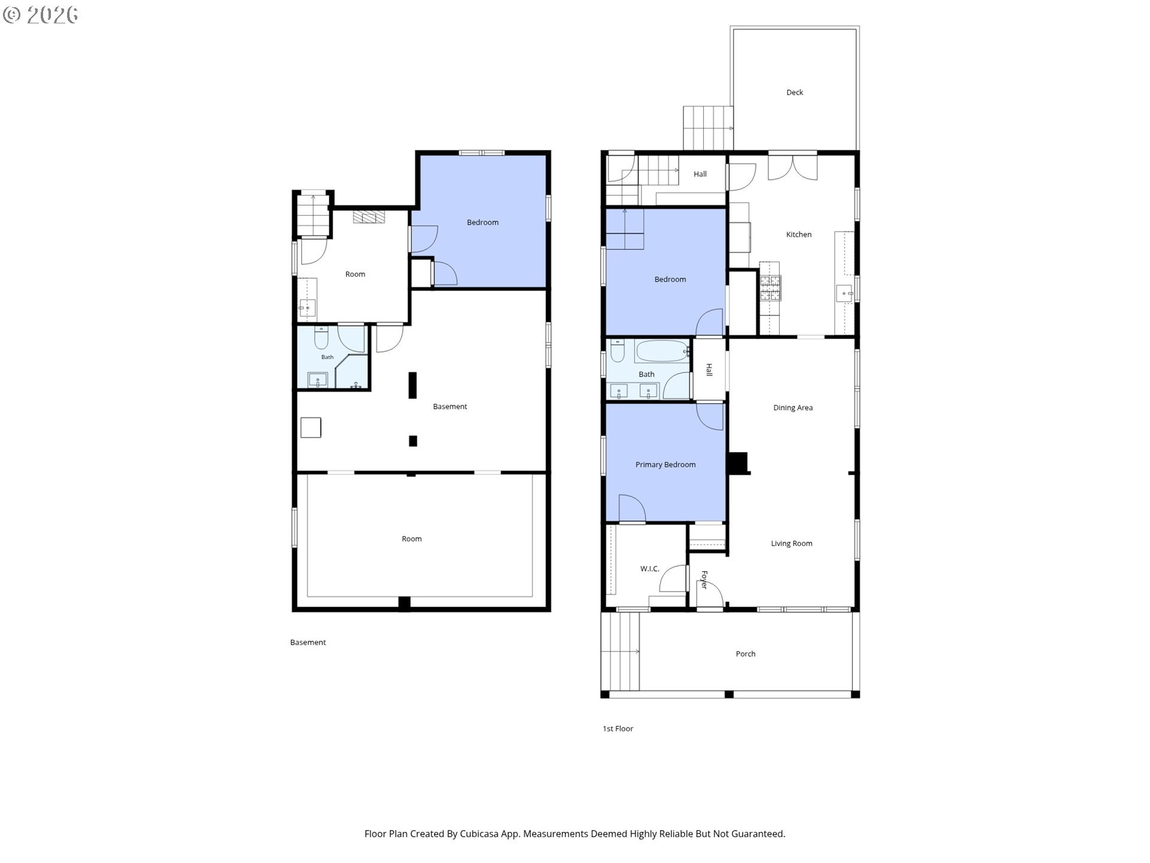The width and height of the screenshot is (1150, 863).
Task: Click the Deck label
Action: click(794, 92)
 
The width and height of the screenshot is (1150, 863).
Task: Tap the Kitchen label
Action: click(798, 234)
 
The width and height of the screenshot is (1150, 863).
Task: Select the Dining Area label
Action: click(792, 408)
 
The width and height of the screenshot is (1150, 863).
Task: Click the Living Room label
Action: click(791, 544)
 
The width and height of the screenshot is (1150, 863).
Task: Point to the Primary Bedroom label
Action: click(665, 464)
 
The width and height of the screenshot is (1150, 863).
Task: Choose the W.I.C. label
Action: click(649, 569)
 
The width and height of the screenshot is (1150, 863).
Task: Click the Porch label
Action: click(745, 654)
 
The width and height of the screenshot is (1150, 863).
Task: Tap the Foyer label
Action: click(704, 580)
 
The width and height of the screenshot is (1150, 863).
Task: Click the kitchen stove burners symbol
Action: click(770, 287)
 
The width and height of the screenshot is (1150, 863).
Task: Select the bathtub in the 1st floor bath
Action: click(662, 351)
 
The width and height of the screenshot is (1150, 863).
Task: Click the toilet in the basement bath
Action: click(321, 338)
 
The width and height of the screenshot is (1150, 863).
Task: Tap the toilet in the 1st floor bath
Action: click(618, 351)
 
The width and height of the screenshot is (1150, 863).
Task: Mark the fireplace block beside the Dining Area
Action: click(739, 463)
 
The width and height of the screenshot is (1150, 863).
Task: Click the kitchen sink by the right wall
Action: click(845, 294)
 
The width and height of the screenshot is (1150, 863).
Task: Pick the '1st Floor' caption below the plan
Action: click(618, 729)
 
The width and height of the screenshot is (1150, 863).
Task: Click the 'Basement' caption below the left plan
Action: click(308, 642)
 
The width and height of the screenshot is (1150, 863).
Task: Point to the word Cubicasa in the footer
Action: click(481, 834)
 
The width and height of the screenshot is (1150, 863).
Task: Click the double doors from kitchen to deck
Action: click(792, 168)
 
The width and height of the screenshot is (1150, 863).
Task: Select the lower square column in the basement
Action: click(413, 441)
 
